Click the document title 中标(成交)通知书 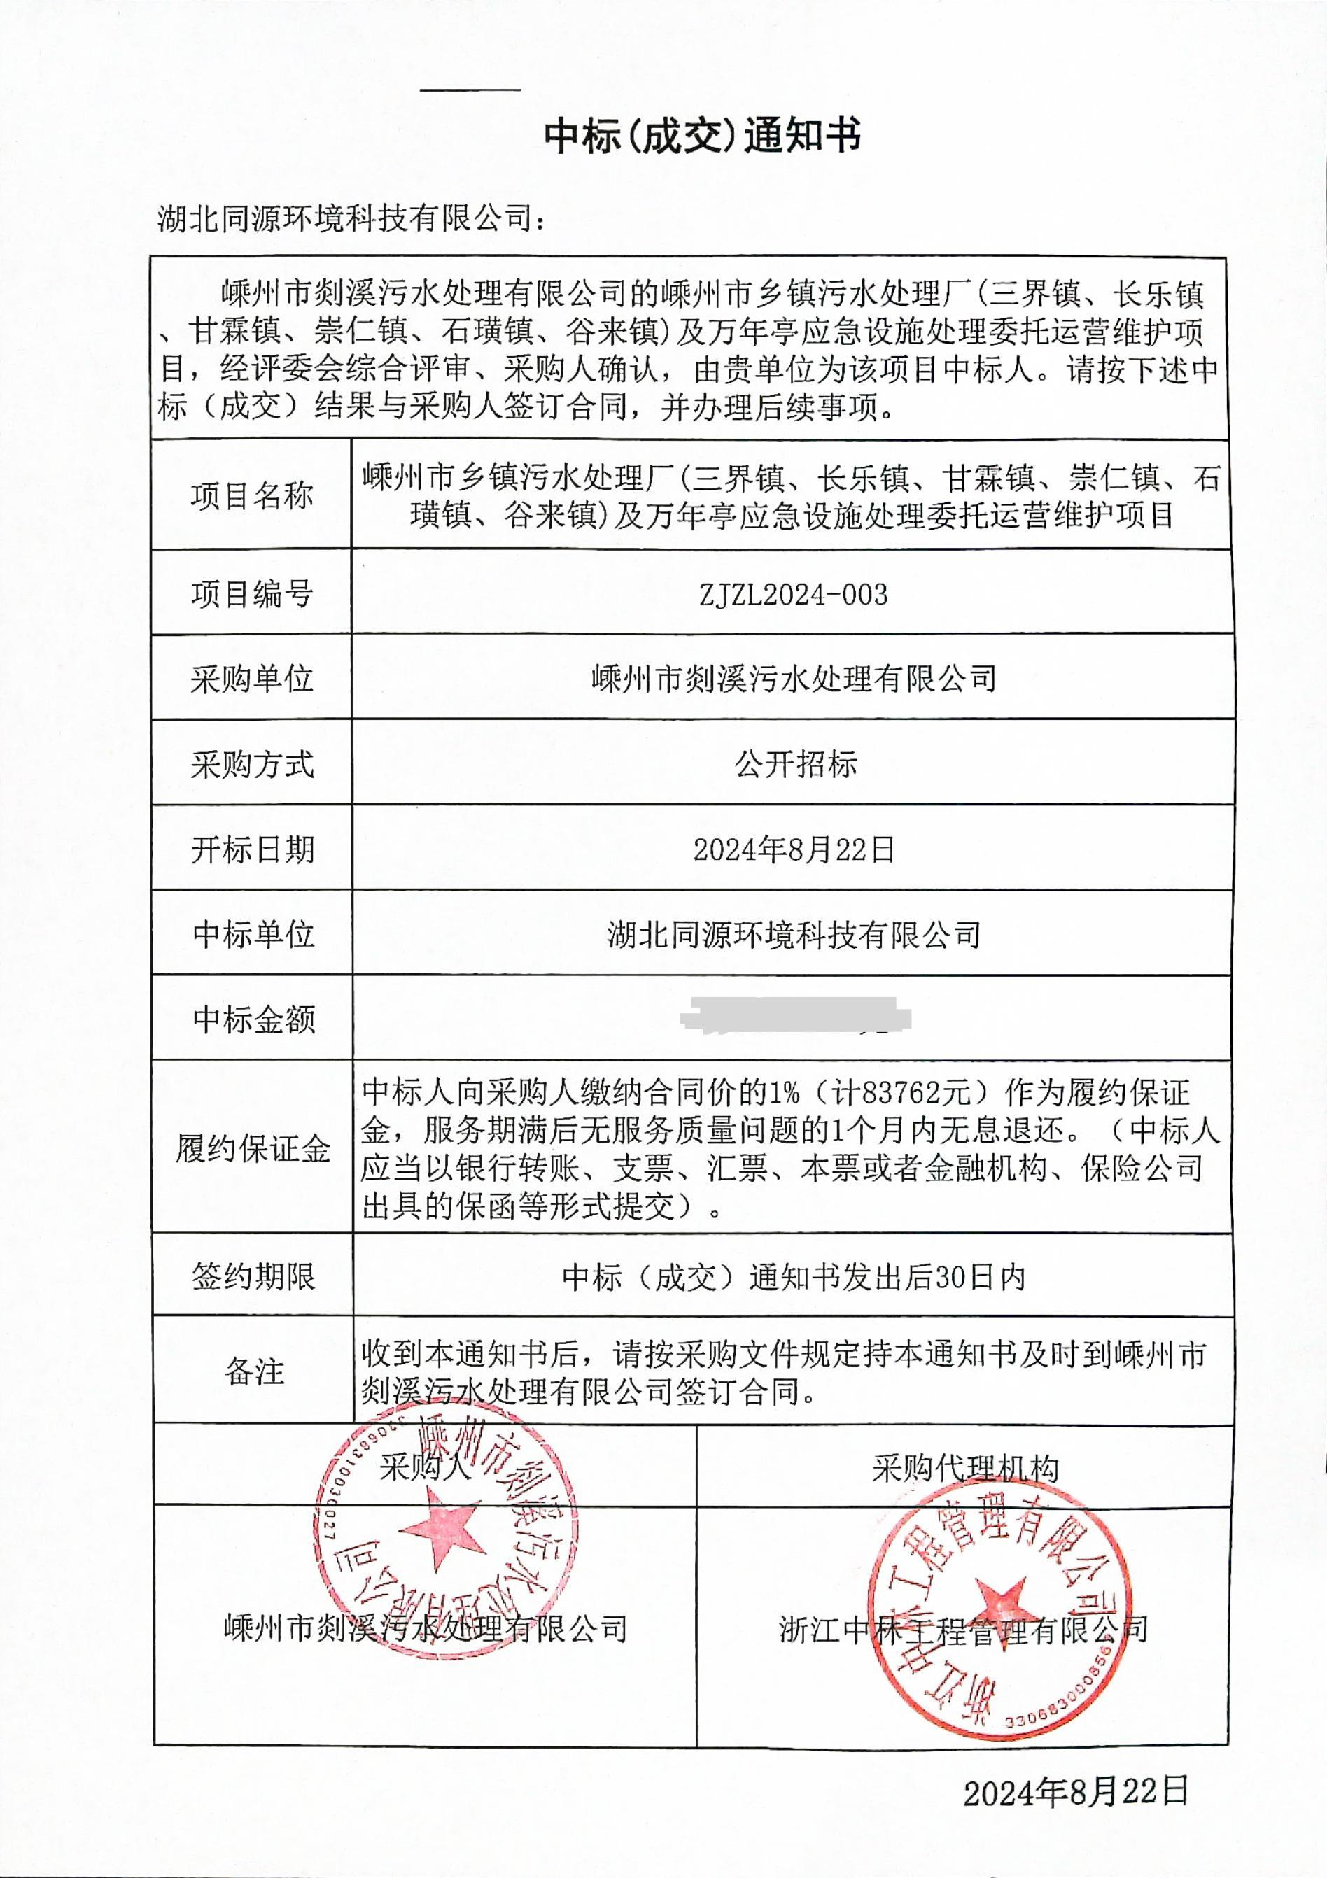pos(702,136)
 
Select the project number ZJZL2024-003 pos(793,595)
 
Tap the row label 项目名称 pos(252,495)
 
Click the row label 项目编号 pos(252,595)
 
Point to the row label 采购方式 pos(252,765)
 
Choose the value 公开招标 pos(795,764)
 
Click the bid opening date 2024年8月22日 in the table pos(794,850)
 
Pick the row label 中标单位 pos(253,934)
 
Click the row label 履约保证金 pos(253,1149)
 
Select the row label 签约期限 pos(253,1276)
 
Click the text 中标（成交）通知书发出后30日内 pos(794,1277)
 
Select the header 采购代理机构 pos(964,1470)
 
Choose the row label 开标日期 pos(253,851)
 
